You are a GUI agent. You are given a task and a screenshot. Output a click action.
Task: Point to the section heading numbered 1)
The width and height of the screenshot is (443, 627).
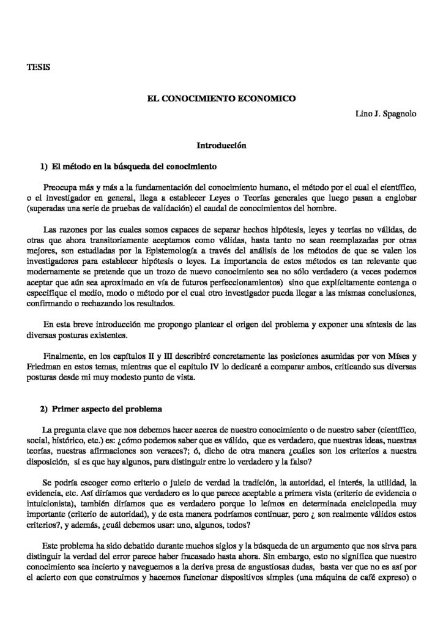(125, 166)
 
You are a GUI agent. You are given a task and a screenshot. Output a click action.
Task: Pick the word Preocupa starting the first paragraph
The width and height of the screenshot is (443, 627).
(63, 186)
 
